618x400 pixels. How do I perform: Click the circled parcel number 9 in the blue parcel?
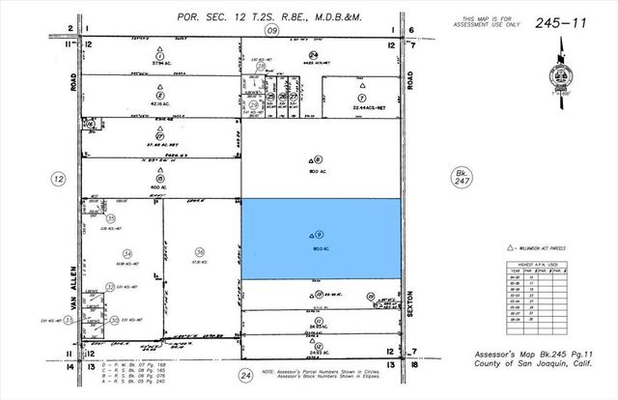[320, 234]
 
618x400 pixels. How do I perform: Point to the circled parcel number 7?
[360, 98]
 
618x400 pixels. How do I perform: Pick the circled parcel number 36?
[199, 251]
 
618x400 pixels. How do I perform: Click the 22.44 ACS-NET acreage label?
[359, 107]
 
